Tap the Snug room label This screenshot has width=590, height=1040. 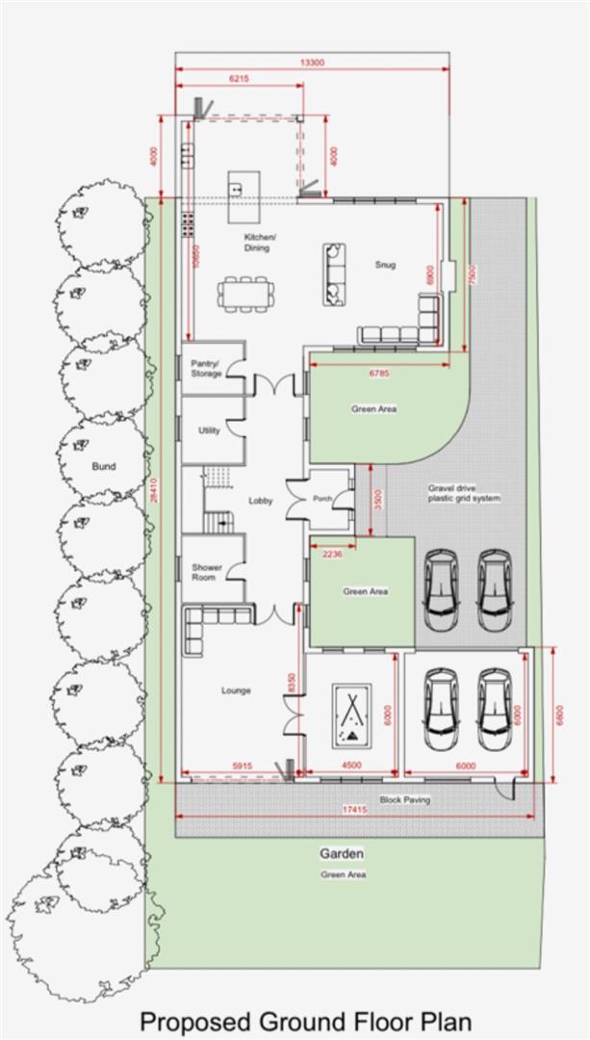pyautogui.click(x=385, y=266)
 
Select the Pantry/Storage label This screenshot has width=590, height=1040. pyautogui.click(x=206, y=368)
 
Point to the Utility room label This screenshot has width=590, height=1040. pyautogui.click(x=209, y=430)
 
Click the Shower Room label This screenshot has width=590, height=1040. pyautogui.click(x=206, y=572)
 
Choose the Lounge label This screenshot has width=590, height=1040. pyautogui.click(x=236, y=690)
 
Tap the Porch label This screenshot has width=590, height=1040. pyautogui.click(x=324, y=498)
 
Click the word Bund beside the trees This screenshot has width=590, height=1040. pyautogui.click(x=103, y=466)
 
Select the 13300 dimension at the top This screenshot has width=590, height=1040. pyautogui.click(x=312, y=63)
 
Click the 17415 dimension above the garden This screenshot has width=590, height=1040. pyautogui.click(x=355, y=811)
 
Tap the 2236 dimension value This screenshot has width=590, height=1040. pyautogui.click(x=332, y=555)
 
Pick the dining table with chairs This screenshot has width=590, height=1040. pyautogui.click(x=245, y=293)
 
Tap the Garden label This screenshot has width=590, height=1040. pyautogui.click(x=342, y=854)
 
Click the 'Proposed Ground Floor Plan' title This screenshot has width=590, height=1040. pyautogui.click(x=306, y=1021)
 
